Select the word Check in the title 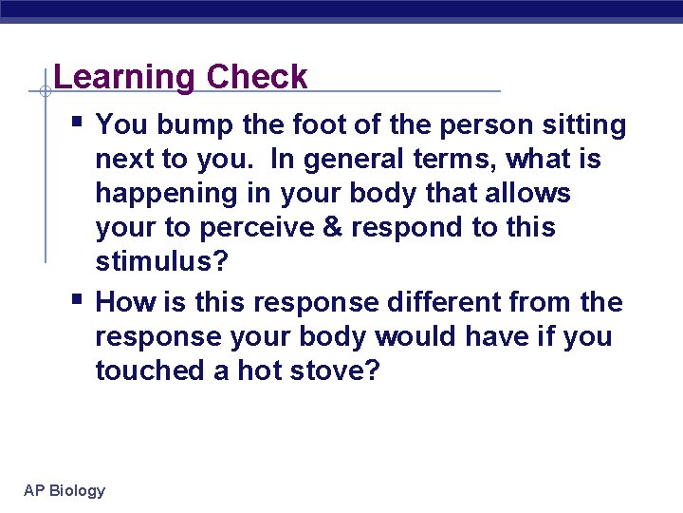(x=257, y=78)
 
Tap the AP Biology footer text (x=65, y=490)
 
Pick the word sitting (x=579, y=125)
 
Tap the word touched (x=150, y=370)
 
